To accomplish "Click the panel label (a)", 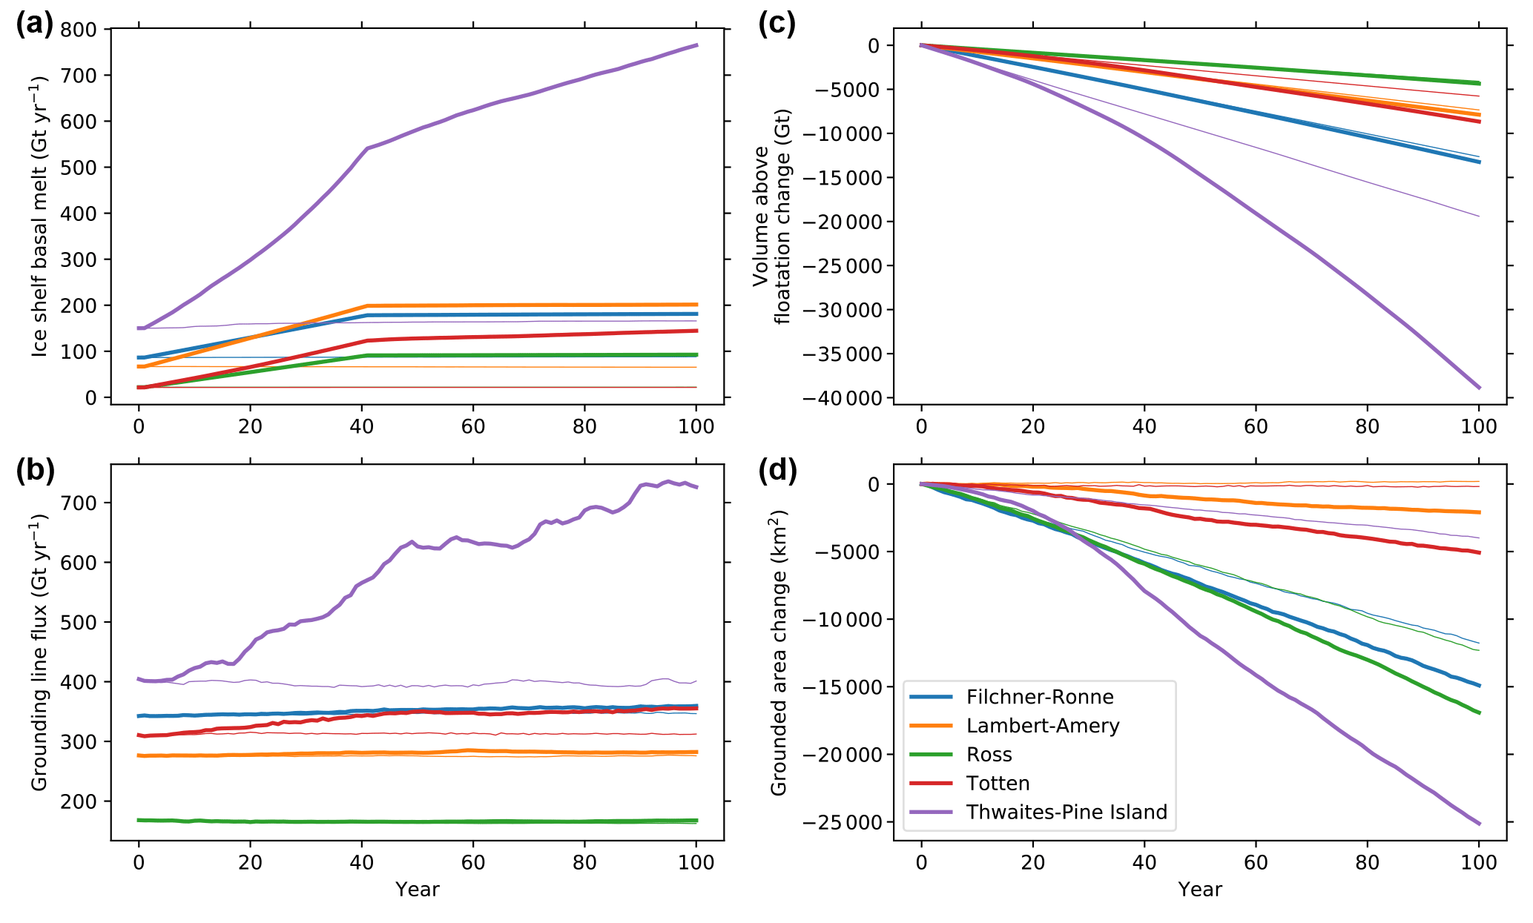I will pyautogui.click(x=34, y=25).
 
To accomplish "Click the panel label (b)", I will pyautogui.click(x=35, y=472).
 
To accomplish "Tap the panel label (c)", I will pyautogui.click(x=777, y=25).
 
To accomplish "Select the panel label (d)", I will pyautogui.click(x=777, y=472).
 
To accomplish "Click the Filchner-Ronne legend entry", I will pyautogui.click(x=1039, y=697).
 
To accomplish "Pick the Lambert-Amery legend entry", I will pyautogui.click(x=1042, y=726).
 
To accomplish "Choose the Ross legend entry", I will pyautogui.click(x=989, y=755).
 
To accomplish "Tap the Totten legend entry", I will pyautogui.click(x=998, y=784).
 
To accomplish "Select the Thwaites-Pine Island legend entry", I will pyautogui.click(x=1066, y=813).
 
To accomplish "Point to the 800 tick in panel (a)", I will pyautogui.click(x=79, y=30).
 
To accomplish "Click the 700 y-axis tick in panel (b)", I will pyautogui.click(x=79, y=503).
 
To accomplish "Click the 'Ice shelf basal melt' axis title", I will pyautogui.click(x=40, y=216).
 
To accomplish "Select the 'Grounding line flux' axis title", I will pyautogui.click(x=40, y=652).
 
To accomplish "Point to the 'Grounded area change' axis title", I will pyautogui.click(x=779, y=652).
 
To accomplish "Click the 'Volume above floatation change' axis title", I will pyautogui.click(x=771, y=216).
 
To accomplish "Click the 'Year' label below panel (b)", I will pyautogui.click(x=417, y=890).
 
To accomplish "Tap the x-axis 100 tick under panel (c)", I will pyautogui.click(x=1479, y=426).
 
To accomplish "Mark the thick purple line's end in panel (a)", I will pyautogui.click(x=696, y=45).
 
